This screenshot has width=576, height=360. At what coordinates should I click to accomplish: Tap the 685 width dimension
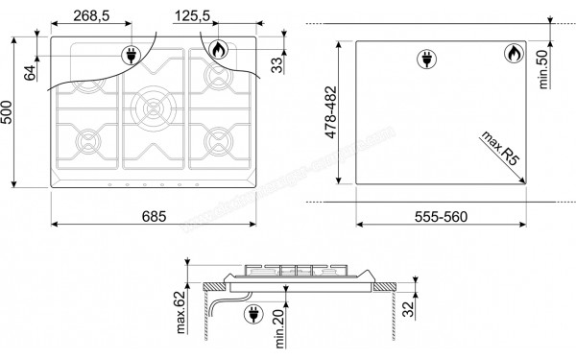[x=153, y=216]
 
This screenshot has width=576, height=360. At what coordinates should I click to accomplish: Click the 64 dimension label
[x=32, y=70]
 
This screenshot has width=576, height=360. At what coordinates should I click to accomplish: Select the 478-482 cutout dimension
[x=332, y=115]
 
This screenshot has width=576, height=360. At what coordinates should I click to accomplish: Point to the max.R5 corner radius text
[x=499, y=149]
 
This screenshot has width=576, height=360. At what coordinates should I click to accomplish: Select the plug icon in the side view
[x=255, y=313]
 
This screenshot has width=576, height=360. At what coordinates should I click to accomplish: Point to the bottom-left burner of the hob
[x=90, y=144]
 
